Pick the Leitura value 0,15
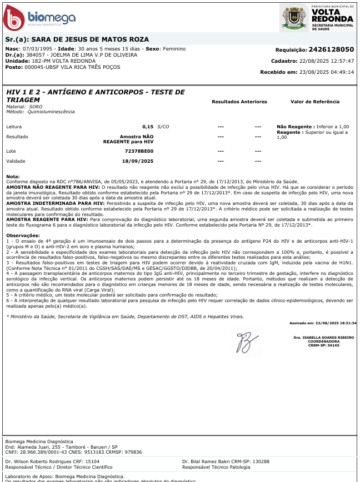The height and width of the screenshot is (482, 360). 147,127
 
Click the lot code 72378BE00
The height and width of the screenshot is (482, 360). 139,151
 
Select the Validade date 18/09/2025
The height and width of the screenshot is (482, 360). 137,161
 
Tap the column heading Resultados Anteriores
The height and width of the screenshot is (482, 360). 239,102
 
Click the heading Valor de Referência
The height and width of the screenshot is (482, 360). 315,102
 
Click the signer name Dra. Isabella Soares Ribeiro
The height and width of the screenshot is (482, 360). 324,337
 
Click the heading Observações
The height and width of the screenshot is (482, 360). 23,236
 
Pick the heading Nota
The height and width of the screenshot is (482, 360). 13,176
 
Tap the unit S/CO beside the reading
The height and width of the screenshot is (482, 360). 163,127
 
